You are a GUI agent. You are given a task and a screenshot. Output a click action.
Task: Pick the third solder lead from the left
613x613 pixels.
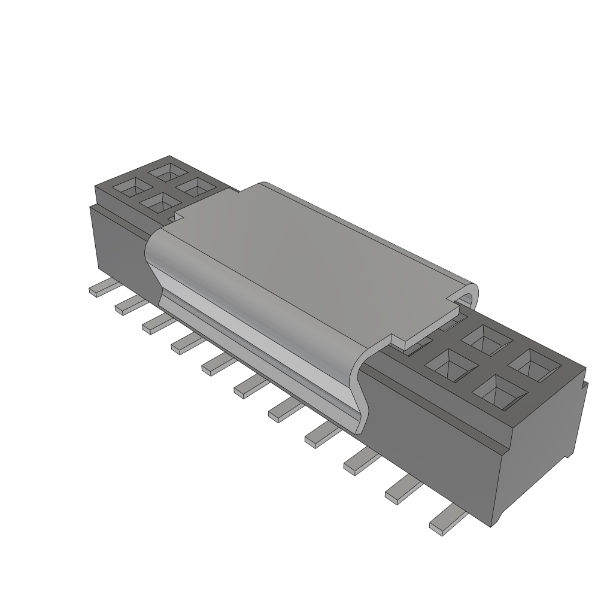tap(155, 323)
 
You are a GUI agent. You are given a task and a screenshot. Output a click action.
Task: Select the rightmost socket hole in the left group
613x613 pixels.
tap(194, 188)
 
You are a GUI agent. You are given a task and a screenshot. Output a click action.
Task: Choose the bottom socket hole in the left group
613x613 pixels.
tap(159, 205)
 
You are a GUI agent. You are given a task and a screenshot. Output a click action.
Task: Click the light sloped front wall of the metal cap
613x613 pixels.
tap(257, 347)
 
